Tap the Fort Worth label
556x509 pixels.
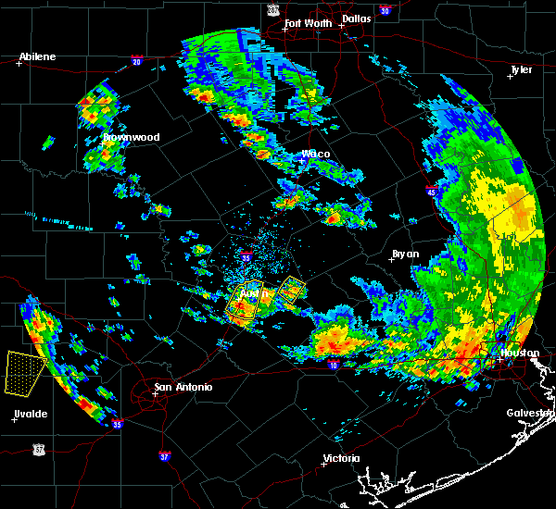[x=306, y=23]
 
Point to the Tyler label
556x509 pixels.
[x=522, y=69]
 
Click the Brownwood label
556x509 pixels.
[x=131, y=137]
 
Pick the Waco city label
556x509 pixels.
[x=316, y=154]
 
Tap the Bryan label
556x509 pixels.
[x=405, y=254]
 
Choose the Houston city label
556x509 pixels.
[x=520, y=353]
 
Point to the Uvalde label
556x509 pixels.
[x=32, y=414]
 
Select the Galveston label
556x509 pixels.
[x=530, y=413]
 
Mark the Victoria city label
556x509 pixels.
[x=340, y=458]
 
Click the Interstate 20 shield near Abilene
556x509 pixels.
[x=137, y=62]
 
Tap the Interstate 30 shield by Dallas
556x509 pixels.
[x=385, y=10]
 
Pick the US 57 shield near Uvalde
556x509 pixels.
[x=38, y=448]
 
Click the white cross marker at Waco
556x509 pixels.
[x=301, y=160]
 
